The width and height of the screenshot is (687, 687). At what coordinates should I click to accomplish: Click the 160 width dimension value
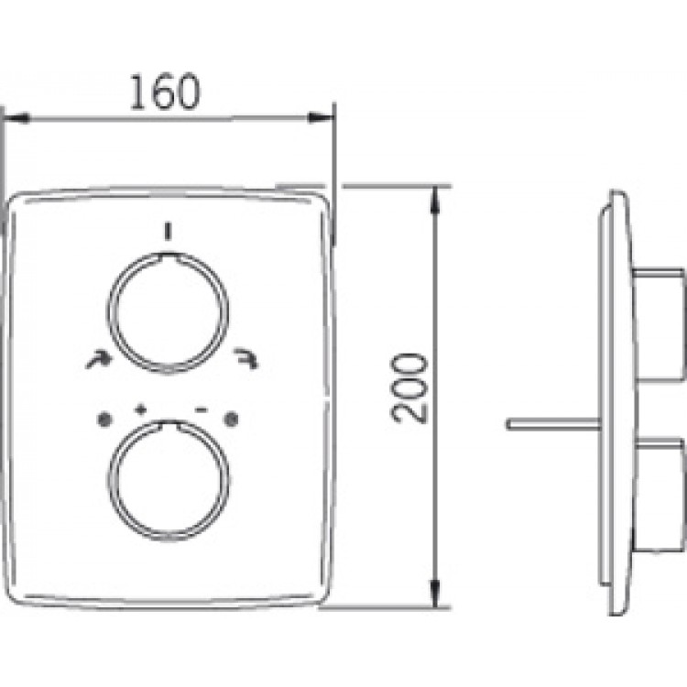pos(165,93)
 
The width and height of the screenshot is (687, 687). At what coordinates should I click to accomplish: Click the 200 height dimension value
pos(409,388)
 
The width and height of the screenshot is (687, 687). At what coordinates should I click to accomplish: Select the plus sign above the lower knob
pos(140,409)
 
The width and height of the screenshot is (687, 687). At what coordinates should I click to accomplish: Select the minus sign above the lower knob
pos(202,409)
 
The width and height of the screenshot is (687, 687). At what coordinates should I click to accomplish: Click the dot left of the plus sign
pos(104,420)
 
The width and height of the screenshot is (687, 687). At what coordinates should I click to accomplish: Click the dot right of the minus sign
pos(231,420)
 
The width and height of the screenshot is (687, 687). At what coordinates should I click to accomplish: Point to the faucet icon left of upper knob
pos(98,359)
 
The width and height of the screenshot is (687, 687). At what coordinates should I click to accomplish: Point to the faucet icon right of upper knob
pos(245,358)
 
